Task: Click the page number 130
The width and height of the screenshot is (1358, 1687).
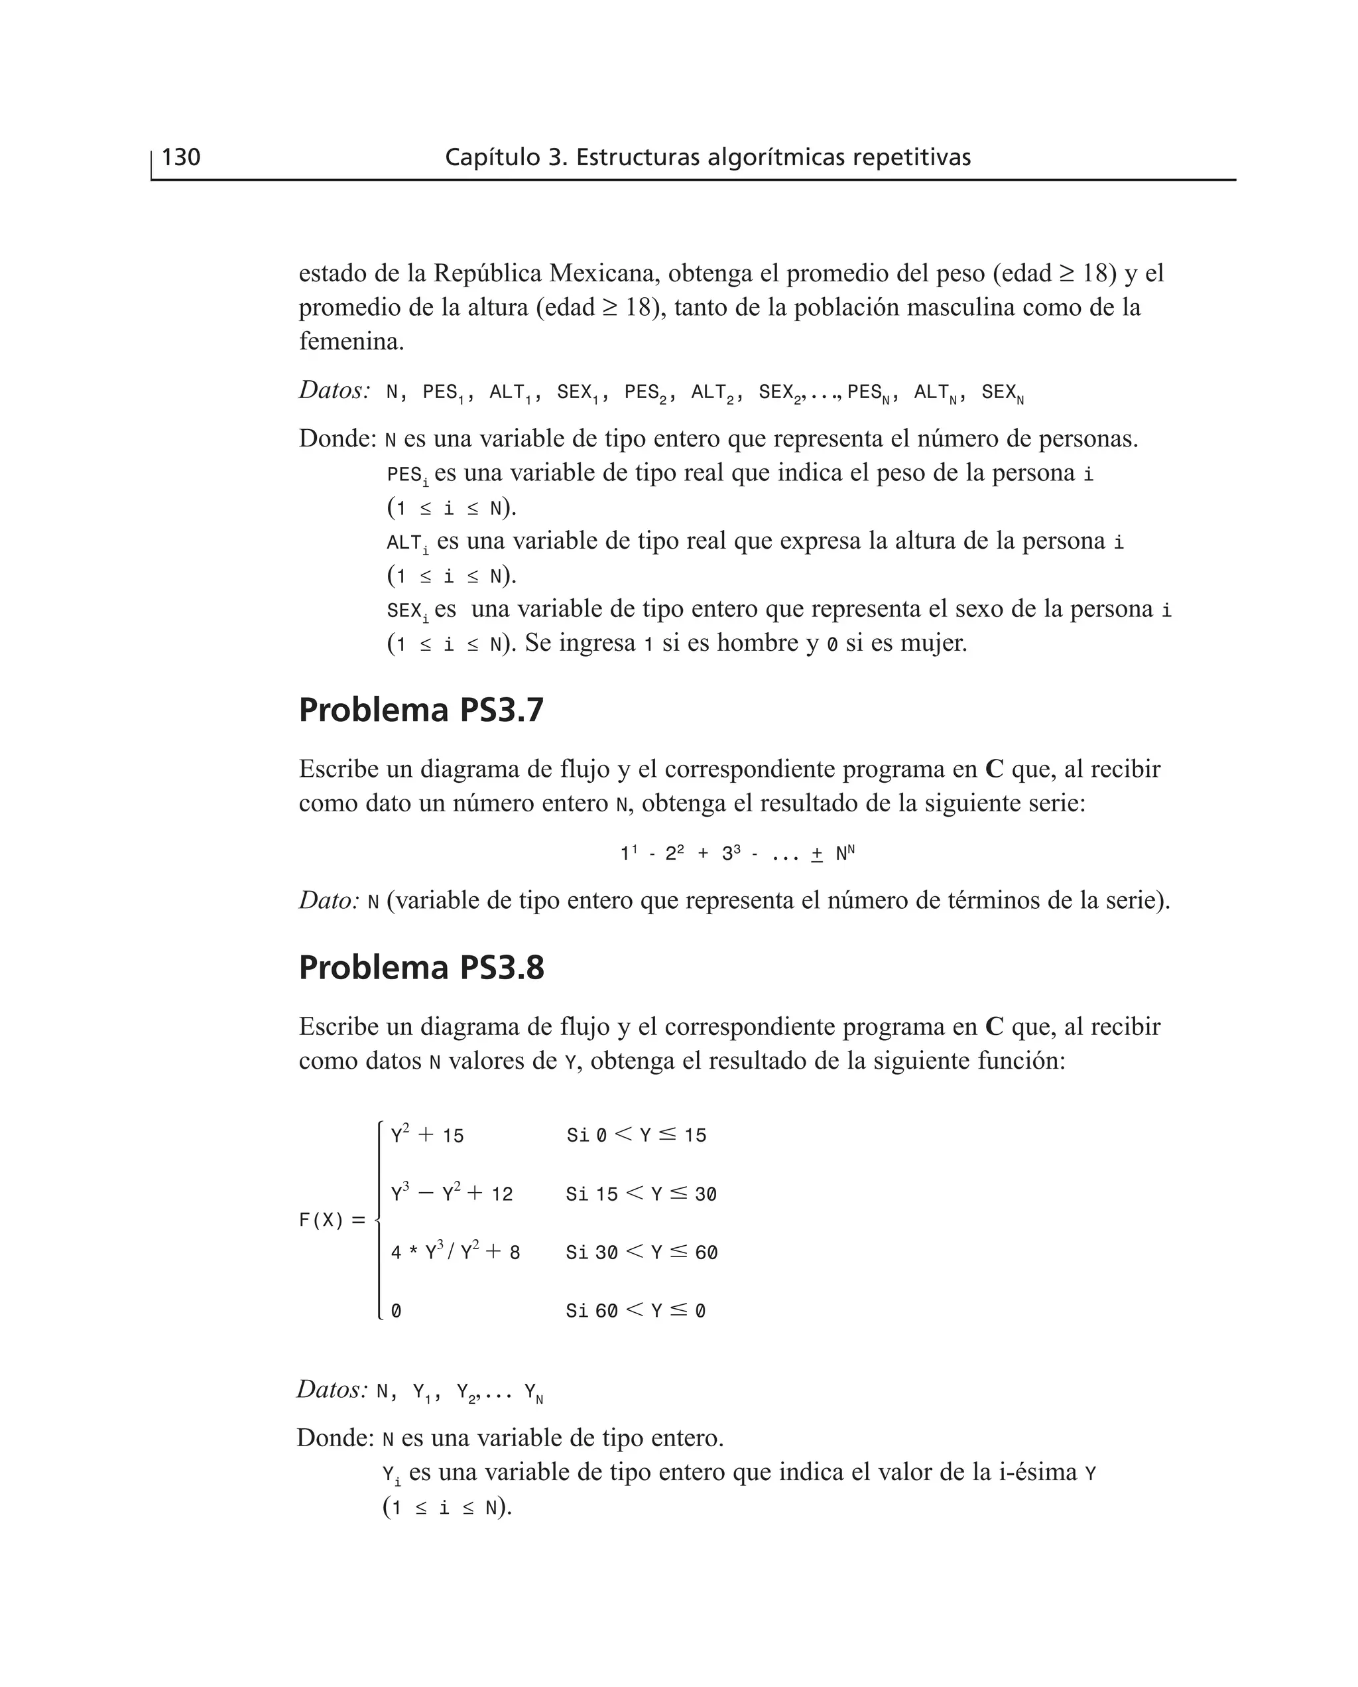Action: tap(181, 157)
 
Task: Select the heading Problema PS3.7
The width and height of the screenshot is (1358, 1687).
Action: tap(421, 710)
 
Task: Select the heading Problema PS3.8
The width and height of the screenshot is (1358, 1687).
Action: tap(421, 967)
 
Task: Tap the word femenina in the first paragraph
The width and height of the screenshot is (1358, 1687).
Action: tap(351, 341)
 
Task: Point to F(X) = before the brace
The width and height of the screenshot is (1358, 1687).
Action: tap(332, 1220)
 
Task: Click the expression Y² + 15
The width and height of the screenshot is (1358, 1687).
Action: tap(427, 1134)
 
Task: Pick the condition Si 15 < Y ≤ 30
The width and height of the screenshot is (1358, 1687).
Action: tap(641, 1194)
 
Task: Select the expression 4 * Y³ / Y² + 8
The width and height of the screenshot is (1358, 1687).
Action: tap(456, 1252)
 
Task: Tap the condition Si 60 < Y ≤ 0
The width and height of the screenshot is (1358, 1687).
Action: tap(635, 1311)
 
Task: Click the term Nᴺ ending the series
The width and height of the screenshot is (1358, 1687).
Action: tap(845, 853)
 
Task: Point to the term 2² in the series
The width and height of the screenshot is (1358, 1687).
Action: tap(674, 854)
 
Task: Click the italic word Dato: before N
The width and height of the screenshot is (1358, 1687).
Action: tap(328, 901)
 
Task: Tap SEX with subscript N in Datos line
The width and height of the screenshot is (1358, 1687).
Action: tap(1002, 393)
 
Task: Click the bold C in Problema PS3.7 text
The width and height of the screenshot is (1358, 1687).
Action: tap(993, 769)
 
